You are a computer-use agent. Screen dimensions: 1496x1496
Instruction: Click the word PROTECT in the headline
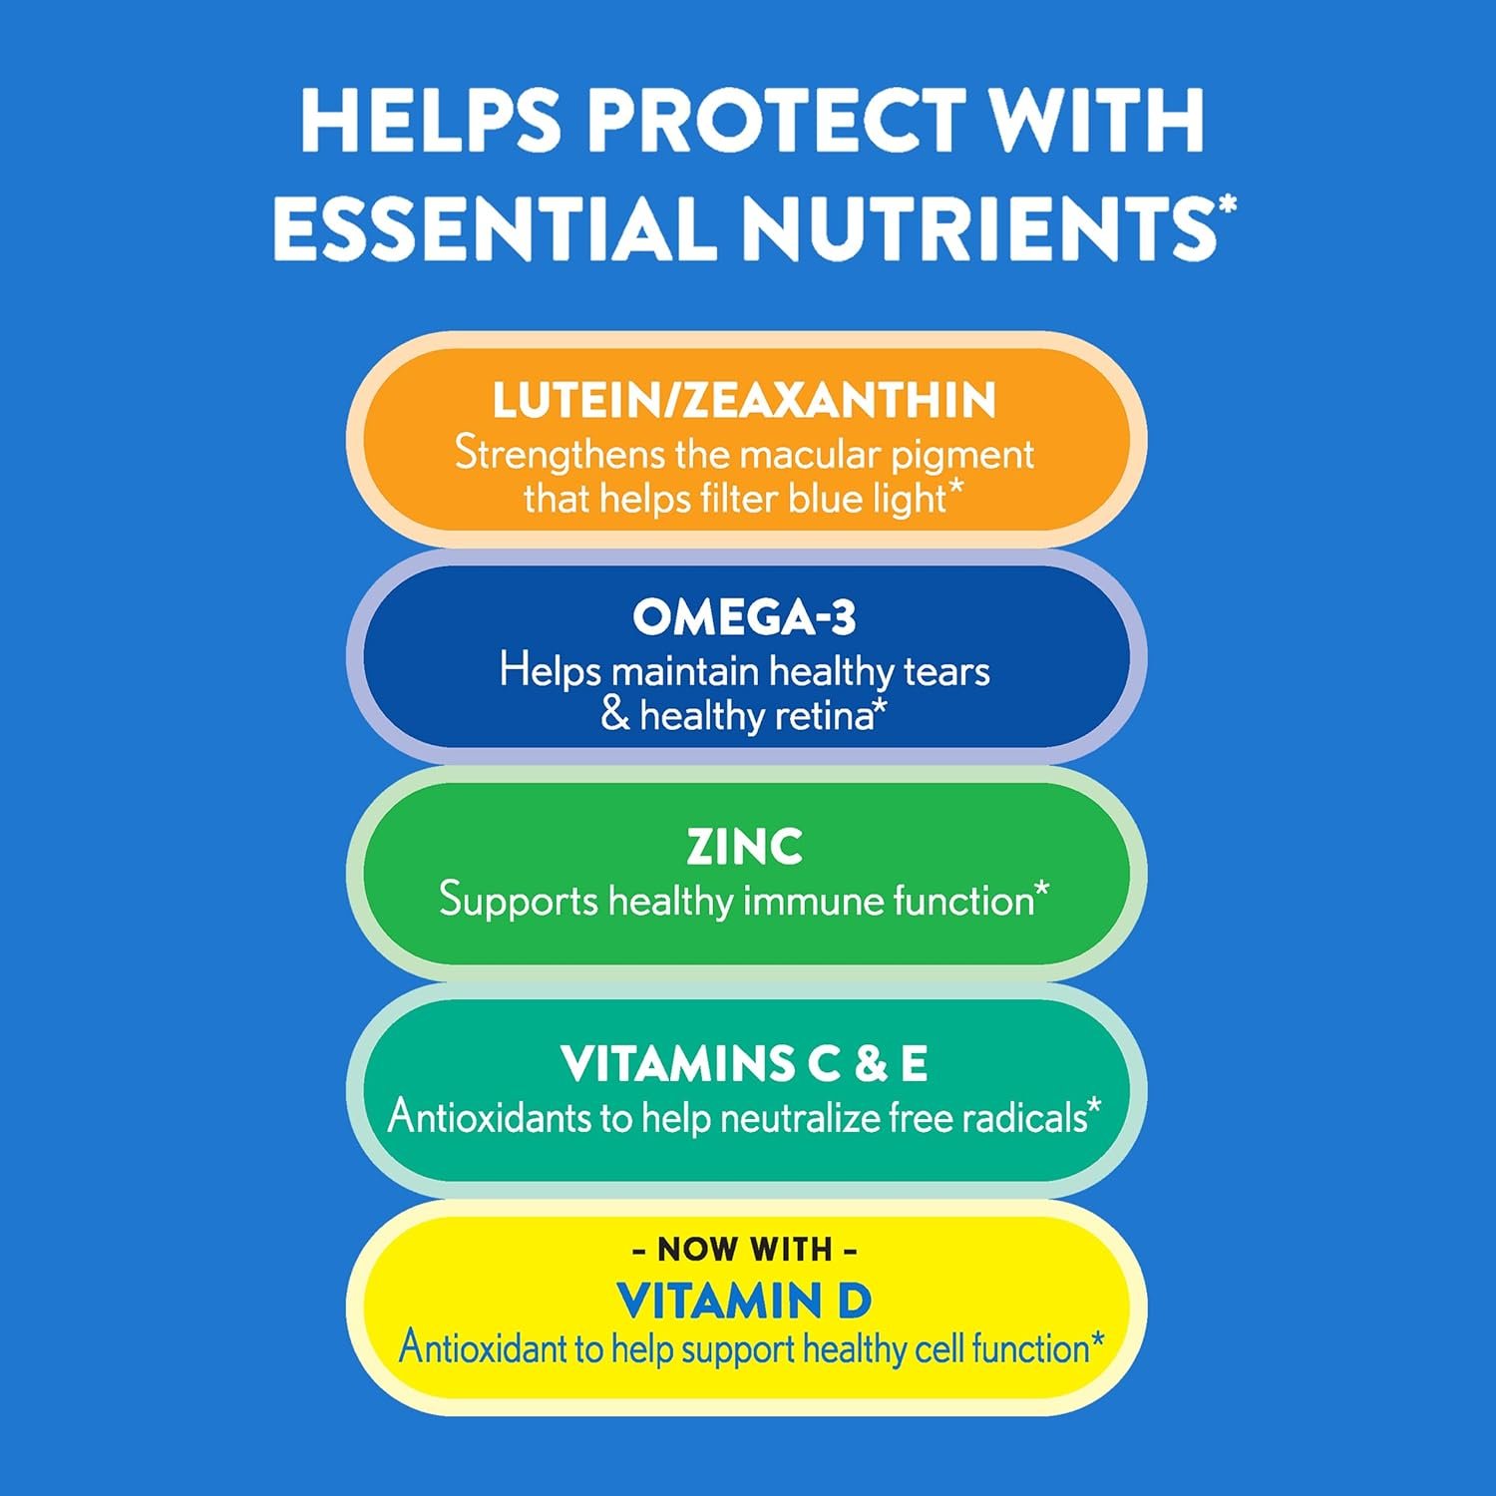[x=776, y=121]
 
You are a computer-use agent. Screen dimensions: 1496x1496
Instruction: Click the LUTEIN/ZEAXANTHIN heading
[x=744, y=400]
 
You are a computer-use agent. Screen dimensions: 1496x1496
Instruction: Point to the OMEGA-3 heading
[x=744, y=617]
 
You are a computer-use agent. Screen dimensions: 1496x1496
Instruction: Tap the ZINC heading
[x=744, y=847]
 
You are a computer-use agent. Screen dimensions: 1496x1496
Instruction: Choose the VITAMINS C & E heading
[x=744, y=1063]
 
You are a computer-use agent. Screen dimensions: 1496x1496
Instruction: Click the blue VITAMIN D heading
[x=744, y=1301]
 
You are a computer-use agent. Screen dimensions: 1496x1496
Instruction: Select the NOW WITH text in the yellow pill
[x=744, y=1249]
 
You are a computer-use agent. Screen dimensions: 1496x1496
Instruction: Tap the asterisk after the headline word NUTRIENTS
[x=1227, y=205]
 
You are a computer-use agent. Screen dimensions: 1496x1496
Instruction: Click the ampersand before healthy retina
[x=615, y=715]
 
